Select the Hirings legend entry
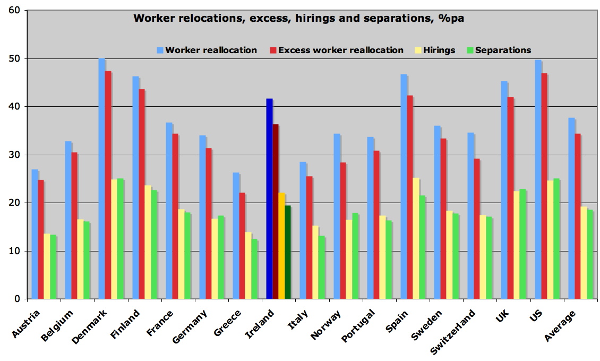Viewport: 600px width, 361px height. pyautogui.click(x=439, y=51)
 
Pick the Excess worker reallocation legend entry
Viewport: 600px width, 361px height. pyautogui.click(x=340, y=51)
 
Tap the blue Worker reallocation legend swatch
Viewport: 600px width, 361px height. pyautogui.click(x=160, y=51)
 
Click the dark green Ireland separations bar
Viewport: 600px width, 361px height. pyautogui.click(x=288, y=253)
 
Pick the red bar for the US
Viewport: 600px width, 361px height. pyautogui.click(x=544, y=186)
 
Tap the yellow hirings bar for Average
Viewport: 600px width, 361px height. pyautogui.click(x=584, y=253)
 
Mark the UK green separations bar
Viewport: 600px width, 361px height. pyautogui.click(x=522, y=244)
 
